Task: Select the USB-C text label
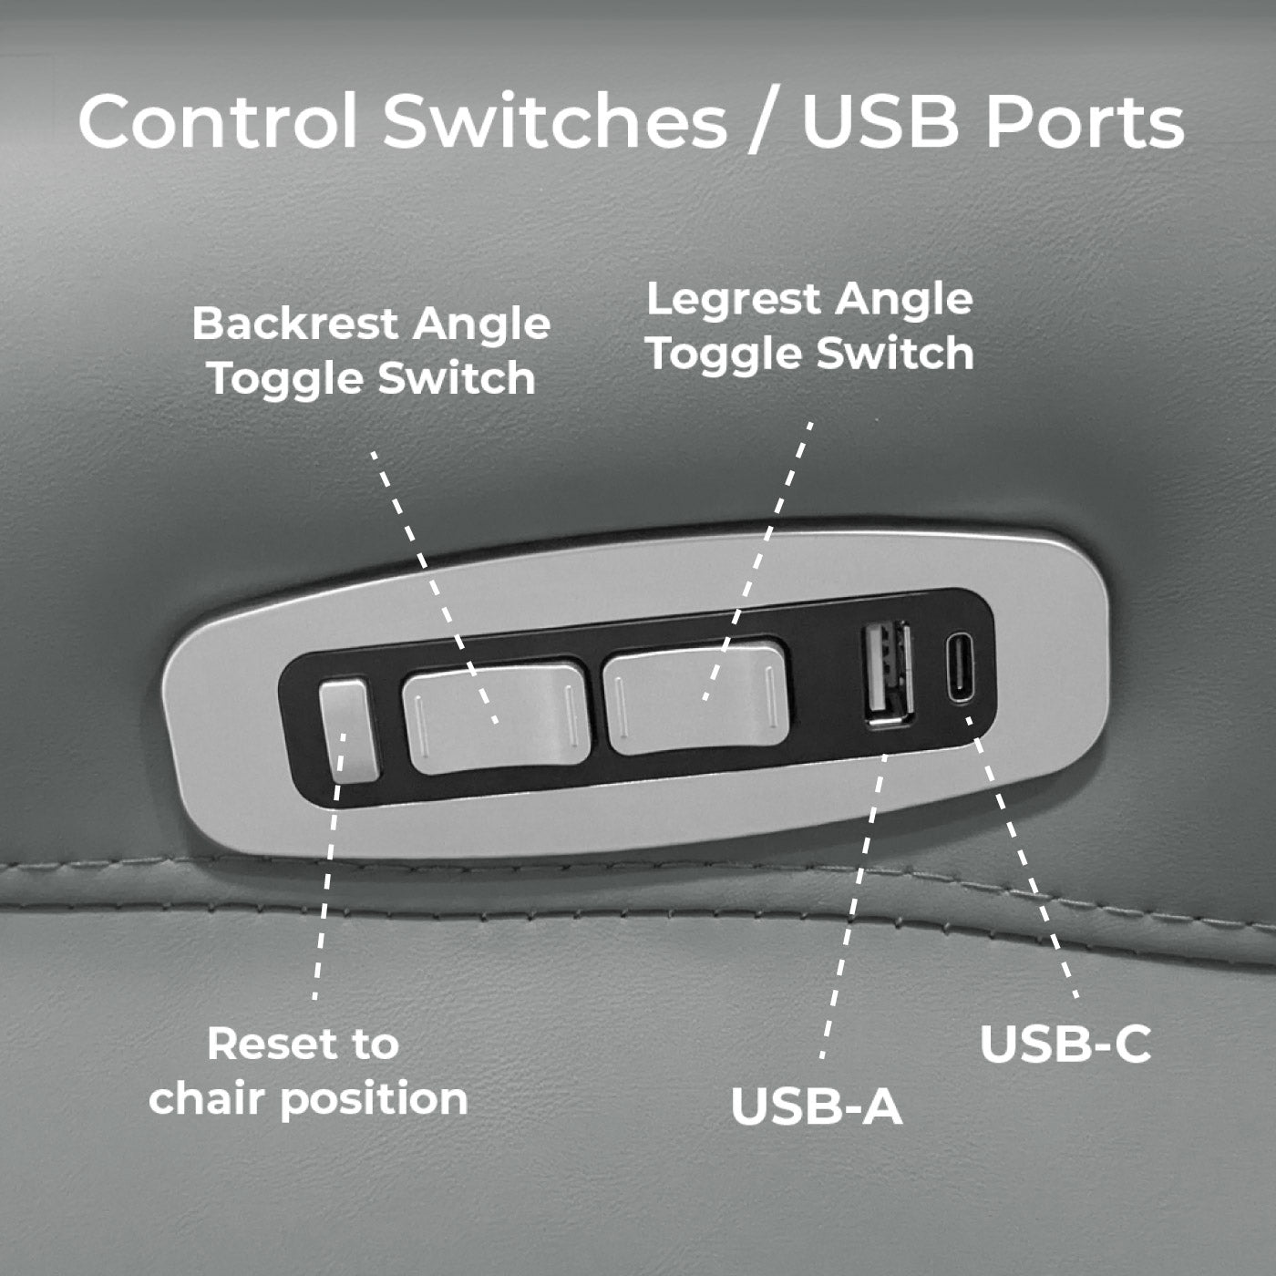coord(1065,1044)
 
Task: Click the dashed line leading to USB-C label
coord(1025,866)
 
